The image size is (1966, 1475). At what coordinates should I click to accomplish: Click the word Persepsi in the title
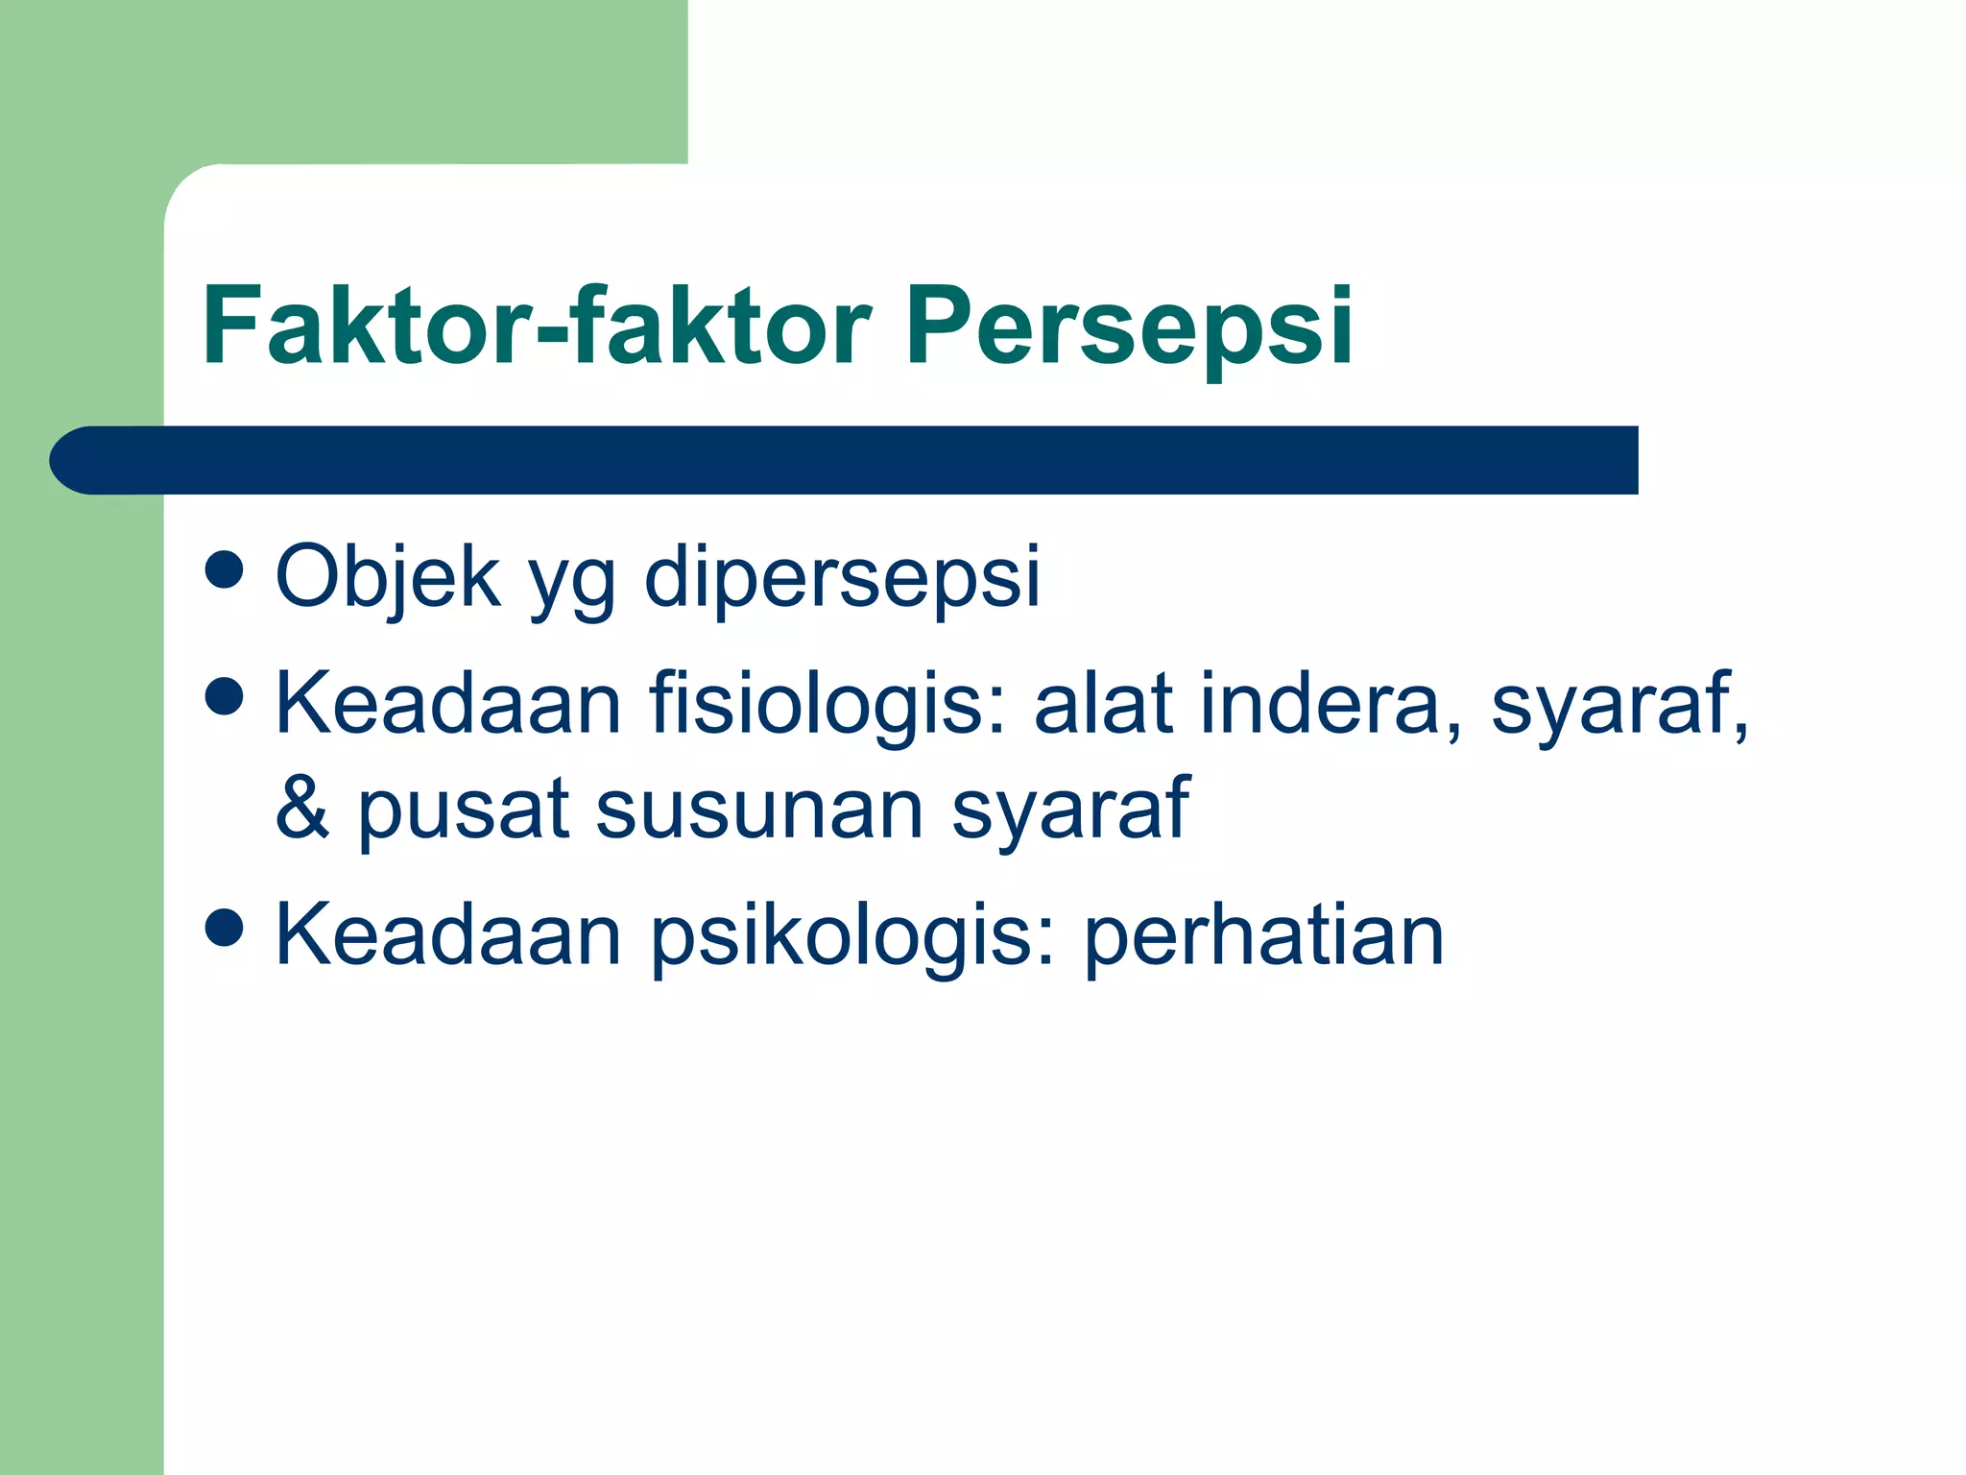point(1128,326)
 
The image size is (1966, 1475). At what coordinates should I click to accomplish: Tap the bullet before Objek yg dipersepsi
point(224,568)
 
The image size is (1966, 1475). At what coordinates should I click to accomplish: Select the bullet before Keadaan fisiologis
point(224,696)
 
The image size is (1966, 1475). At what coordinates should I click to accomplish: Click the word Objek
point(388,576)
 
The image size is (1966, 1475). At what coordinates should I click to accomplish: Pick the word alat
point(1103,704)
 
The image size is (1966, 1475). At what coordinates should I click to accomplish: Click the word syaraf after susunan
point(1069,811)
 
